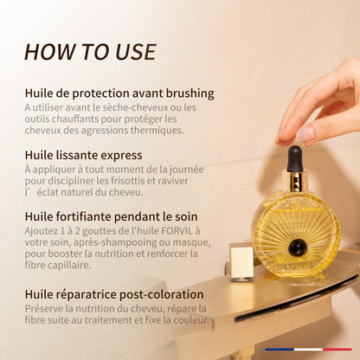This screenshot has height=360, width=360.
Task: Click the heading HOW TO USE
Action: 90,52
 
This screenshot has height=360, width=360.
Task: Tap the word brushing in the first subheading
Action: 190,93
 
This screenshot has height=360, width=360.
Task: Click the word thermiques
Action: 157,131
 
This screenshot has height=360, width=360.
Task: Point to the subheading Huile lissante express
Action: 83,155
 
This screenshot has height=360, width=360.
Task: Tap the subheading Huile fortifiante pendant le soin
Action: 111,216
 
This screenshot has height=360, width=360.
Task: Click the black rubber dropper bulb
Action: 294,158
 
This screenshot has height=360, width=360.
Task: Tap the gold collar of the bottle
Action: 294,182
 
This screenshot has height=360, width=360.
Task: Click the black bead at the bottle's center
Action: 298,247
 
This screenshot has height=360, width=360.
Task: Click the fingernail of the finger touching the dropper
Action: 305,134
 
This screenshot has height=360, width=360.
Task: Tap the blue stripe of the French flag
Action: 280,350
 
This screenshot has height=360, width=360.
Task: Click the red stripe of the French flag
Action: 337,350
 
